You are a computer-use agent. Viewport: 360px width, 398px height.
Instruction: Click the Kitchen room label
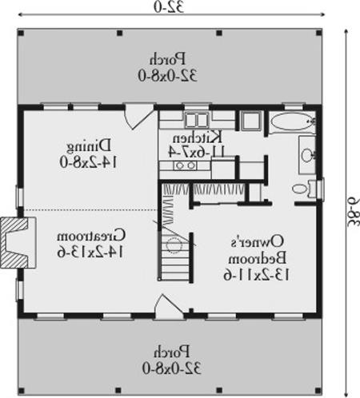[x=197, y=137]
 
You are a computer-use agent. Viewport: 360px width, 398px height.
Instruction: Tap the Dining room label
[x=88, y=146]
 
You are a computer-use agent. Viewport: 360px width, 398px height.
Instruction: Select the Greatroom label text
[x=91, y=236]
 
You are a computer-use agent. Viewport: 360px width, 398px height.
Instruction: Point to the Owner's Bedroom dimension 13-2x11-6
[x=256, y=275]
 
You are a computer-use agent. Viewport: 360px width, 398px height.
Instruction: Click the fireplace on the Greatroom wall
[x=18, y=243]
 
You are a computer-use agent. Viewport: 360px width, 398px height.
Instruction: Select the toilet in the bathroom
[x=305, y=189]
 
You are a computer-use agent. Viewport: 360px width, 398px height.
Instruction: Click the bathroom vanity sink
[x=308, y=154]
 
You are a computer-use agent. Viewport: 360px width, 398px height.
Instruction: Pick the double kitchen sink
[x=197, y=120]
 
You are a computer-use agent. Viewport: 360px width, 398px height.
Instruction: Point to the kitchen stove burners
[x=186, y=165]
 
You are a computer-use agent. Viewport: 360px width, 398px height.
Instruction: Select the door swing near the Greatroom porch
[x=169, y=306]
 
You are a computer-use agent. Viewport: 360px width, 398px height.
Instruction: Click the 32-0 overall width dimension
[x=169, y=7]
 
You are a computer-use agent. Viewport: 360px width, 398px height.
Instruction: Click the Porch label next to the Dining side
[x=167, y=59]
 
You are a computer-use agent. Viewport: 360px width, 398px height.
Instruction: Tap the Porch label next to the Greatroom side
[x=171, y=352]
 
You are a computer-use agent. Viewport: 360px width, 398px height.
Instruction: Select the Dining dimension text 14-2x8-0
[x=88, y=161]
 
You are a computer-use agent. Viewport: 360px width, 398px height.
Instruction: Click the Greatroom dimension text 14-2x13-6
[x=91, y=251]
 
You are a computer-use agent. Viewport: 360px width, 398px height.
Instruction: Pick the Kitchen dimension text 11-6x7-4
[x=197, y=152]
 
